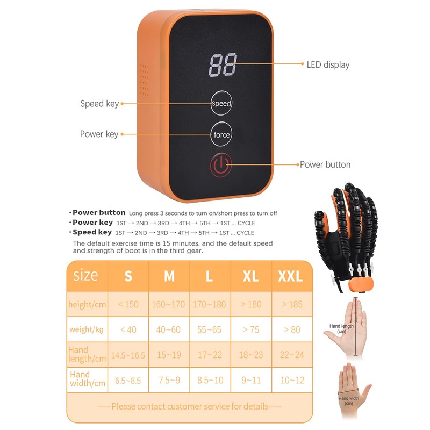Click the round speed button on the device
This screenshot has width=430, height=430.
[x=221, y=103]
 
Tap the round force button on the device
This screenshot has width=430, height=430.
[x=221, y=134]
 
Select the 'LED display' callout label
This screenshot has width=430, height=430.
[x=328, y=65]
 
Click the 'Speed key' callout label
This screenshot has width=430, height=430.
[x=99, y=104]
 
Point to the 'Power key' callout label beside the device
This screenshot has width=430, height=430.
[x=99, y=134]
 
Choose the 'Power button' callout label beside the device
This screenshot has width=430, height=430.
[x=325, y=164]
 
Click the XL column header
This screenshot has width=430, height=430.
[x=251, y=276]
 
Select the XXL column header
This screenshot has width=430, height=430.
[x=291, y=276]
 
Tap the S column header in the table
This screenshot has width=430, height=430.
[x=128, y=276]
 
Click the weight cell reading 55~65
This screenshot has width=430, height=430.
[x=210, y=329]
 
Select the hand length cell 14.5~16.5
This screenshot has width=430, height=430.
[x=128, y=355]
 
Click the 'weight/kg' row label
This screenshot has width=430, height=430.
[x=87, y=329]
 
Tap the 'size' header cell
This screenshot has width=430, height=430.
[x=86, y=276]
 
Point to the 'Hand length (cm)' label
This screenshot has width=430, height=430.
[x=341, y=328]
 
